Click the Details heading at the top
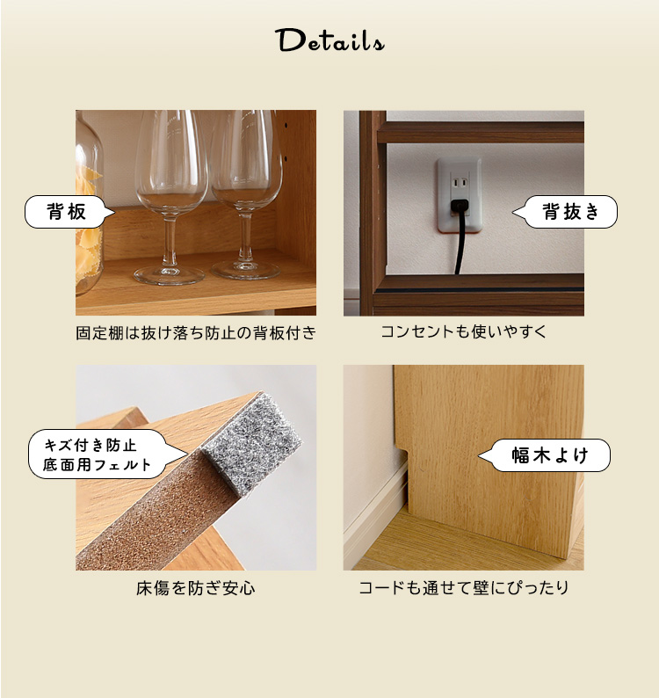pyautogui.click(x=329, y=40)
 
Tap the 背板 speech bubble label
pyautogui.click(x=67, y=212)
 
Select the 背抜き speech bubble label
pyautogui.click(x=568, y=212)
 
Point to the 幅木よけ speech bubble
pyautogui.click(x=547, y=455)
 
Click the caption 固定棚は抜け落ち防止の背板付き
pyautogui.click(x=196, y=332)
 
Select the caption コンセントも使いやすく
pyautogui.click(x=463, y=331)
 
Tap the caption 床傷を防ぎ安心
pyautogui.click(x=196, y=588)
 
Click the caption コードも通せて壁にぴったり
pyautogui.click(x=464, y=587)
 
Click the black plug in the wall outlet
pyautogui.click(x=460, y=206)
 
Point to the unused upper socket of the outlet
pyautogui.click(x=460, y=183)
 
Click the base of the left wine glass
pyautogui.click(x=169, y=275)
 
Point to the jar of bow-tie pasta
pyautogui.click(x=88, y=205)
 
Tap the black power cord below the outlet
pyautogui.click(x=460, y=244)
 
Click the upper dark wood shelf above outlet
pyautogui.click(x=481, y=132)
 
